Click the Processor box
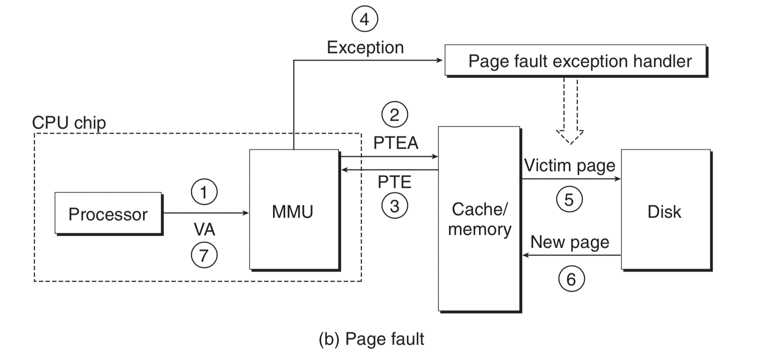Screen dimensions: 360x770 click(108, 214)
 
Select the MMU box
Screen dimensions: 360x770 click(294, 210)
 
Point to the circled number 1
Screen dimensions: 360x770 click(204, 192)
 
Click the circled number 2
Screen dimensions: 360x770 click(394, 115)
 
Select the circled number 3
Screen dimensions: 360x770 click(394, 206)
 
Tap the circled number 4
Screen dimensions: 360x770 click(365, 19)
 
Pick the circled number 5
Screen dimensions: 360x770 click(569, 199)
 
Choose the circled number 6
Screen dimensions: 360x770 click(571, 279)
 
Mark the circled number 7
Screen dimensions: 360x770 click(204, 255)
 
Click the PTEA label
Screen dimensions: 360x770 click(395, 143)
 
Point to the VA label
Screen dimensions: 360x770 click(204, 230)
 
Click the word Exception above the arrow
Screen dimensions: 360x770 click(365, 47)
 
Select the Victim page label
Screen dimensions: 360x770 click(569, 165)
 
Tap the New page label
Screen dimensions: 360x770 click(569, 242)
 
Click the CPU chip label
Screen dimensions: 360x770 click(69, 123)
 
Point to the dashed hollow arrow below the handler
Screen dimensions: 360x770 click(570, 112)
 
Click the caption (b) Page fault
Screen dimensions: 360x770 click(371, 339)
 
